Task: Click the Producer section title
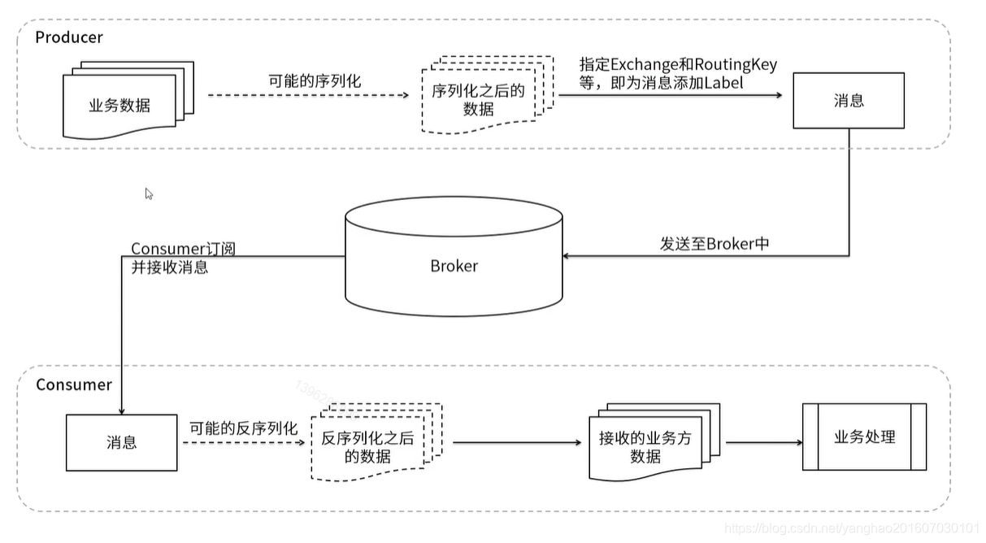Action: [x=69, y=37]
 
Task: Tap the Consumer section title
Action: [x=74, y=384]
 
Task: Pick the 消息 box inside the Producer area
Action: [x=849, y=101]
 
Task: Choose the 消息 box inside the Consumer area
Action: [x=121, y=443]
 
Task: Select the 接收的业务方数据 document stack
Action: [x=646, y=445]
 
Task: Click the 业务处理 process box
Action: [x=864, y=437]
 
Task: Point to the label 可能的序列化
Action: [x=315, y=81]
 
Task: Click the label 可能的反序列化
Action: [x=244, y=428]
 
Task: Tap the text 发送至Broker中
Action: [x=714, y=244]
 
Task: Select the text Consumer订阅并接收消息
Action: [x=183, y=258]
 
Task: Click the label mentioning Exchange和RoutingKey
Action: [x=678, y=73]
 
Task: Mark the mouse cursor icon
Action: [x=149, y=193]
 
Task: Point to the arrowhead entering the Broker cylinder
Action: [x=567, y=256]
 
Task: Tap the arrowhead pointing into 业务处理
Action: [x=798, y=443]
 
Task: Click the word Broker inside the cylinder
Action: [x=454, y=266]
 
